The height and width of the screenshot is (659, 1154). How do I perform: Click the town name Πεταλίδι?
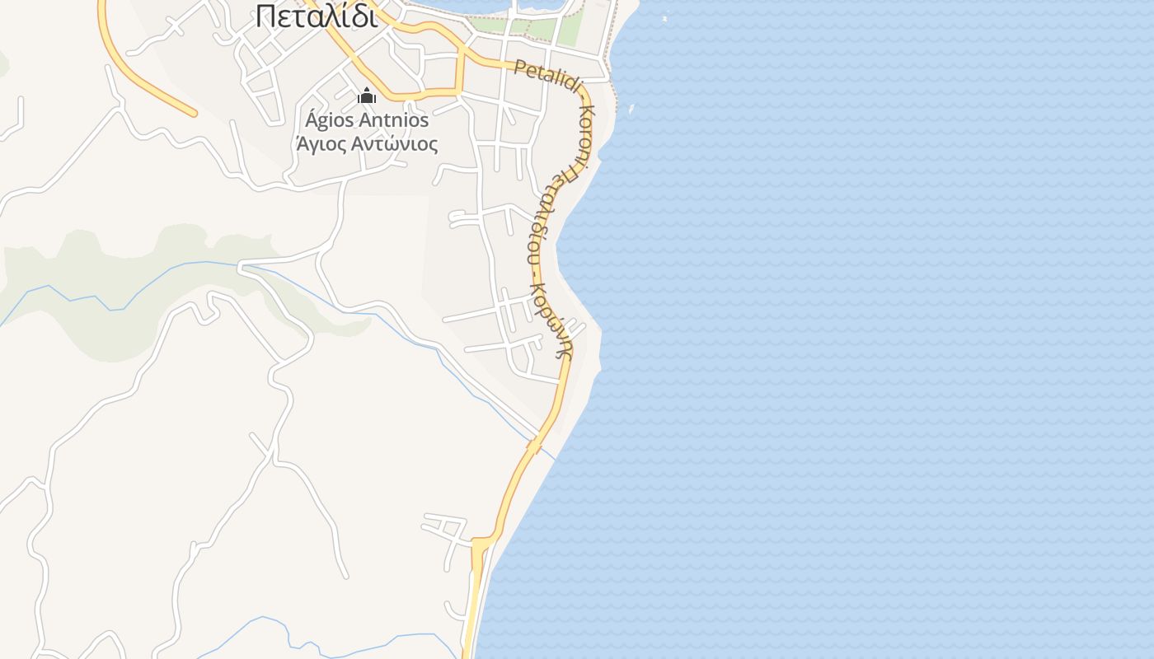point(317,16)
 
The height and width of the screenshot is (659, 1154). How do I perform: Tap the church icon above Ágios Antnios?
point(367,96)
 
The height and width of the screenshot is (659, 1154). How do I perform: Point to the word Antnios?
point(394,120)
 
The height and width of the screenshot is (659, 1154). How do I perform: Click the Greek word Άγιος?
point(323,144)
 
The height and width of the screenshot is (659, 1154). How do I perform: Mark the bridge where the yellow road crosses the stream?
point(535,446)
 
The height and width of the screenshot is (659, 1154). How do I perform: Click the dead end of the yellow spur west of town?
point(195,113)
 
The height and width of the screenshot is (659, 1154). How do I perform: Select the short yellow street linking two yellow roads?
point(459,74)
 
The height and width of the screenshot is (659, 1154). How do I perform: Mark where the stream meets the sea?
point(554,456)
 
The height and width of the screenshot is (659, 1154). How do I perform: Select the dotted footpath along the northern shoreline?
point(608,49)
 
